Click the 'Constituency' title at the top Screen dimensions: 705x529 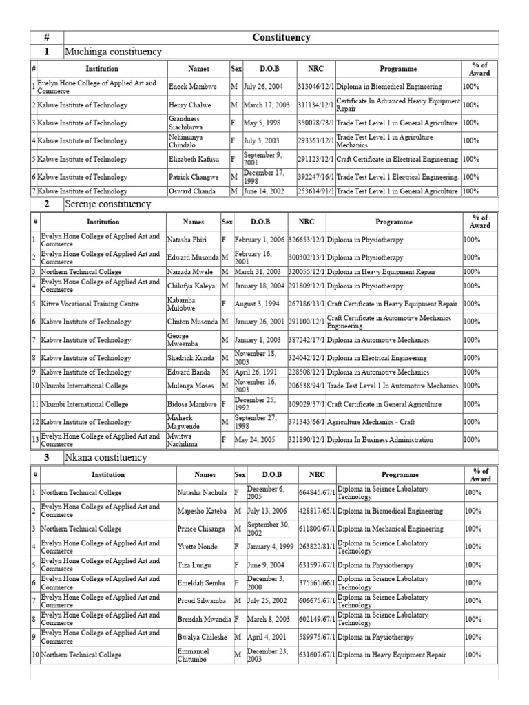point(281,37)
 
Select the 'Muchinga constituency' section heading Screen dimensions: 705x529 point(113,52)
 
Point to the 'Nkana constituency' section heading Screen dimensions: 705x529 point(105,457)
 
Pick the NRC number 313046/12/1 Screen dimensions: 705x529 point(315,87)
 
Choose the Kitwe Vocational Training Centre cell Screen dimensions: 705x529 point(90,304)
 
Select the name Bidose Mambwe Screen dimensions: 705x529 point(192,404)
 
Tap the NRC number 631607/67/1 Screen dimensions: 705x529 point(316,655)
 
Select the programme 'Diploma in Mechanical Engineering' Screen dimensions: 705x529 point(390,529)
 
